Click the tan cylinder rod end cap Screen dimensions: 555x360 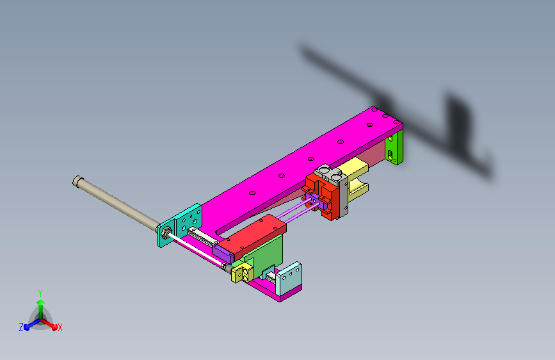78,181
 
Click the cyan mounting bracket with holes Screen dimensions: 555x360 180,225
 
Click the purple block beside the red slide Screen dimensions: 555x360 223,254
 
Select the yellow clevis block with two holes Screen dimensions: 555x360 243,273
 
